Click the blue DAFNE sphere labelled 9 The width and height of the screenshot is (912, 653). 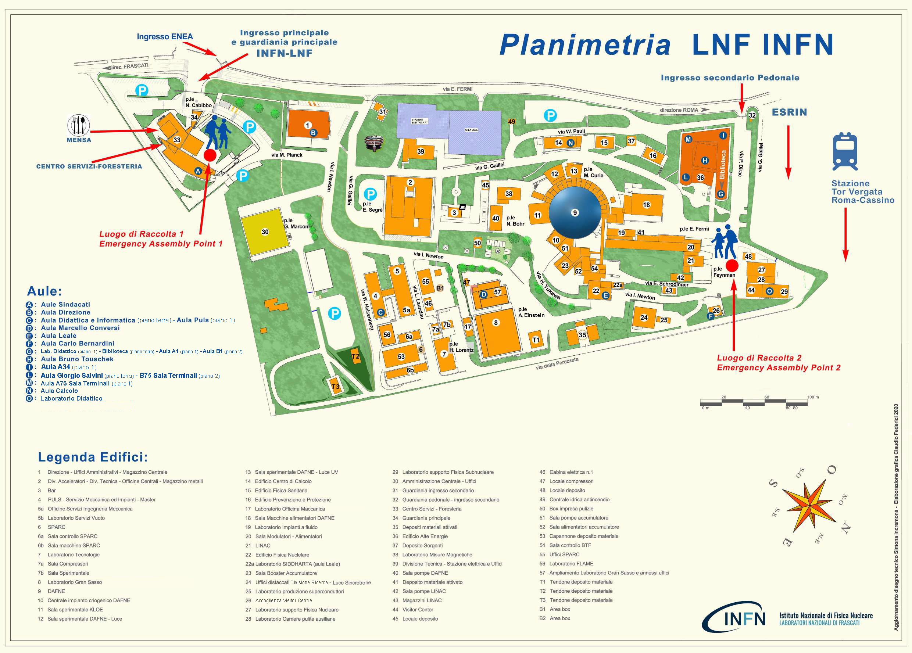[x=575, y=212]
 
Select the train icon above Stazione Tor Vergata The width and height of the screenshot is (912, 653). [x=845, y=152]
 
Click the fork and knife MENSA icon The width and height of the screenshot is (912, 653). [x=79, y=125]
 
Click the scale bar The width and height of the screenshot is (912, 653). [x=754, y=402]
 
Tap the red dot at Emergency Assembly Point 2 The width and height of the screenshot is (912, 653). [x=732, y=265]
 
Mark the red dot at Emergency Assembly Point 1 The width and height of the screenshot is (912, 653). [x=210, y=155]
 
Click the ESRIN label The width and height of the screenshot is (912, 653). [x=789, y=112]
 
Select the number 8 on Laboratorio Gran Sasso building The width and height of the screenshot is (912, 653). [x=496, y=323]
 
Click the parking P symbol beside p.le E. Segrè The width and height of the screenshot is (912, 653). [x=370, y=195]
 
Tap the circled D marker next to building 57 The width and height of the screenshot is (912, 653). [x=484, y=294]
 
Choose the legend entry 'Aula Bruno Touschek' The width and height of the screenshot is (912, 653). [x=77, y=359]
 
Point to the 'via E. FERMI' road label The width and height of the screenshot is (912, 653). [x=457, y=89]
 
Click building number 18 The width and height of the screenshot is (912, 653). [x=646, y=205]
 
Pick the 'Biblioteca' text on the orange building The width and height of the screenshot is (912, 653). [x=723, y=165]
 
